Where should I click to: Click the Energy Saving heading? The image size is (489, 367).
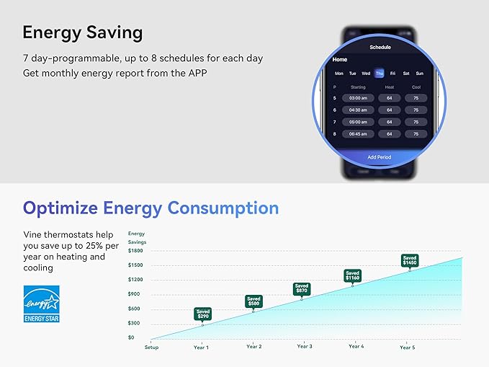(82, 33)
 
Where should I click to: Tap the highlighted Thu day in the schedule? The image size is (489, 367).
(379, 73)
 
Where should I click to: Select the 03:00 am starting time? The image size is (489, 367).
(358, 98)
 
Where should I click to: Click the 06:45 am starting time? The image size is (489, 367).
(358, 134)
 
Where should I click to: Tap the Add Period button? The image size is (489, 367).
(380, 157)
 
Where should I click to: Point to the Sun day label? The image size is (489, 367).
(419, 73)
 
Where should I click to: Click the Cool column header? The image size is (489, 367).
(416, 87)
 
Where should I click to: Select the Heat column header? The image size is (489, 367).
(390, 87)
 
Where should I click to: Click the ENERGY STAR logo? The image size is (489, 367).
(41, 303)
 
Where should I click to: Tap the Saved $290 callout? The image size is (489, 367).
(203, 314)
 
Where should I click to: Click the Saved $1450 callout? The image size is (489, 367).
(410, 260)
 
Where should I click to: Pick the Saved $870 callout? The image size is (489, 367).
(302, 288)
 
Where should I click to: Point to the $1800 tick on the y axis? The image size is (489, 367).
(135, 250)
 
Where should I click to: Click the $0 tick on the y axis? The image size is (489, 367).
(131, 337)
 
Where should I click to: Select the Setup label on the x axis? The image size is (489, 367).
(151, 347)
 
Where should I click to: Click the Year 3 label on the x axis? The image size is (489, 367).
(305, 347)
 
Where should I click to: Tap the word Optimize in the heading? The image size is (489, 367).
(60, 208)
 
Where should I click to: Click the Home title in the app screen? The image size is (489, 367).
(340, 60)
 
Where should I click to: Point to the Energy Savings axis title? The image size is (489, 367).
(136, 237)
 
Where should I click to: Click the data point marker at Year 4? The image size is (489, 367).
(353, 286)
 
